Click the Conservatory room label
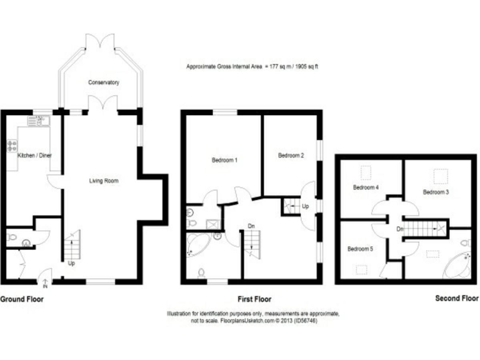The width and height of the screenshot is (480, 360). [x=104, y=82]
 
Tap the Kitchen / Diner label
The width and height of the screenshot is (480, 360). [x=35, y=155]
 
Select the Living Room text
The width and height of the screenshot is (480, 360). [x=103, y=181]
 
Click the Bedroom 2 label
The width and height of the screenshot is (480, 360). [x=291, y=156]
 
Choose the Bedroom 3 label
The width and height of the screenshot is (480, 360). [x=436, y=192]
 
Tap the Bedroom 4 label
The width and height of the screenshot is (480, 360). [x=365, y=187]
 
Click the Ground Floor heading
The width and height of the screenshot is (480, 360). [x=22, y=299]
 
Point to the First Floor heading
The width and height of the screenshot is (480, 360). [x=254, y=299]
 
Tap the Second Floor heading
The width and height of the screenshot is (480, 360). [x=456, y=299]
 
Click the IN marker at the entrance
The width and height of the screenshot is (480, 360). [x=44, y=287]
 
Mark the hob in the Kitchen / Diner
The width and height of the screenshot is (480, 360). [x=11, y=146]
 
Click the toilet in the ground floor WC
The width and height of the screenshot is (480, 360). [x=11, y=237]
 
